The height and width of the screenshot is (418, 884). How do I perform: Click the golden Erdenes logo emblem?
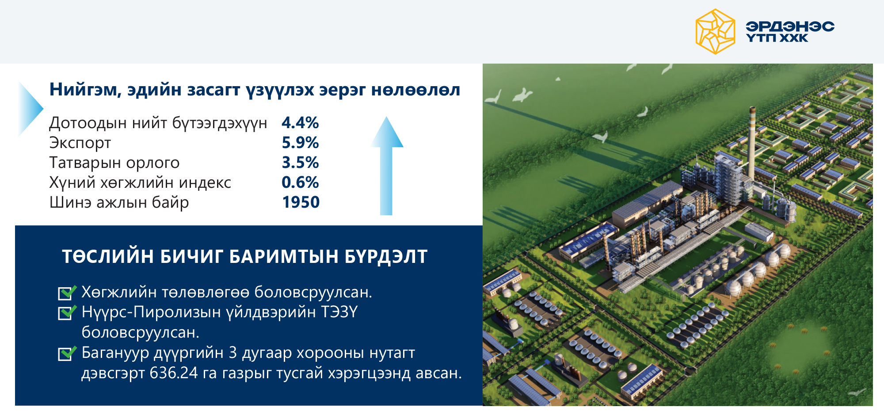pyautogui.click(x=715, y=32)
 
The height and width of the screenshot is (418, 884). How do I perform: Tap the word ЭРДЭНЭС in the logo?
pyautogui.click(x=790, y=27)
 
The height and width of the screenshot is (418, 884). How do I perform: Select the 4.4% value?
pyautogui.click(x=300, y=123)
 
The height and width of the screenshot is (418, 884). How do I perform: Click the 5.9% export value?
pyautogui.click(x=300, y=143)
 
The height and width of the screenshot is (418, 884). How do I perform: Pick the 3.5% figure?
pyautogui.click(x=300, y=163)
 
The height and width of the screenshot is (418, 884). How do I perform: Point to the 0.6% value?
pyautogui.click(x=300, y=182)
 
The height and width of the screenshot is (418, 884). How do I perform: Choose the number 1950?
pyautogui.click(x=301, y=202)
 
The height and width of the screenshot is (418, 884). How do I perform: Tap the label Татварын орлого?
pyautogui.click(x=114, y=163)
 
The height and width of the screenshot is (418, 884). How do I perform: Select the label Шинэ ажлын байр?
pyautogui.click(x=119, y=203)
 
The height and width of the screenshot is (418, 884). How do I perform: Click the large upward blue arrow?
pyautogui.click(x=386, y=166)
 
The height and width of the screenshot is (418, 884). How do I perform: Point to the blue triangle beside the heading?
pyautogui.click(x=30, y=108)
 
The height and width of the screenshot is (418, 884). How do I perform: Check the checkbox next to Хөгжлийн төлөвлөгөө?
pyautogui.click(x=67, y=293)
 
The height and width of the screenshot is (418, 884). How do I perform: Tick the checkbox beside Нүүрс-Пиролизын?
pyautogui.click(x=67, y=312)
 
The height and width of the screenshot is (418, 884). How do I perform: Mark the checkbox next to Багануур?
pyautogui.click(x=67, y=353)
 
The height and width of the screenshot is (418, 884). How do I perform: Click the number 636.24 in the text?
pyautogui.click(x=174, y=373)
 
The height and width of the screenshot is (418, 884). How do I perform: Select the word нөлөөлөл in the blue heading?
pyautogui.click(x=415, y=90)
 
